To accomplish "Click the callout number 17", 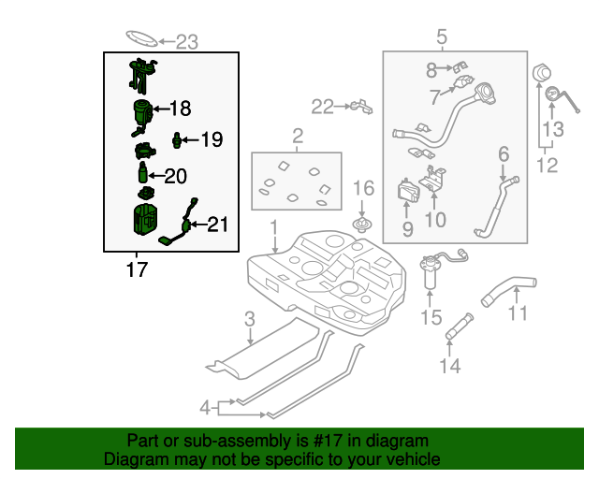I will tap(137, 270).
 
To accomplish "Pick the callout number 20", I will tap(176, 175).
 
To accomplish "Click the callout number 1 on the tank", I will tap(274, 227).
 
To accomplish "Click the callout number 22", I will tap(323, 108).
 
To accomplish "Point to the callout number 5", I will tap(442, 36).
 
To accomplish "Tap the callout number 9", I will tap(407, 228).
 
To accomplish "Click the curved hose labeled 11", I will tap(505, 287).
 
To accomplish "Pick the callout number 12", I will tap(548, 166).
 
